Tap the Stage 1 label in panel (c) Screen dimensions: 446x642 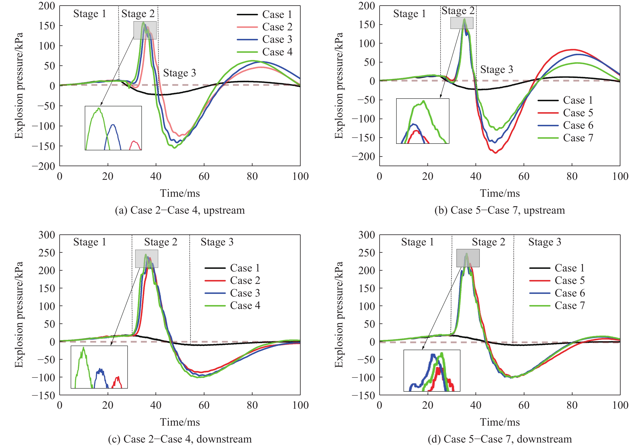[89, 242]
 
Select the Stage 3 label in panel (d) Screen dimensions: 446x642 [544, 242]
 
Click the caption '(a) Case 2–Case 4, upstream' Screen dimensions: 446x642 [180, 210]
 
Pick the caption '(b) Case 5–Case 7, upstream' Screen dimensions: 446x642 [500, 210]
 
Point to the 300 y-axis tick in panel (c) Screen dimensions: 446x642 [47, 235]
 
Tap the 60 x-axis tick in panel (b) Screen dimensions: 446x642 [524, 176]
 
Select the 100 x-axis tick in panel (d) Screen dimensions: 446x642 [620, 405]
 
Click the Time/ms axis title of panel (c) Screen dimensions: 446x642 [180, 422]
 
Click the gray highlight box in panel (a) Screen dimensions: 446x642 [145, 30]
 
